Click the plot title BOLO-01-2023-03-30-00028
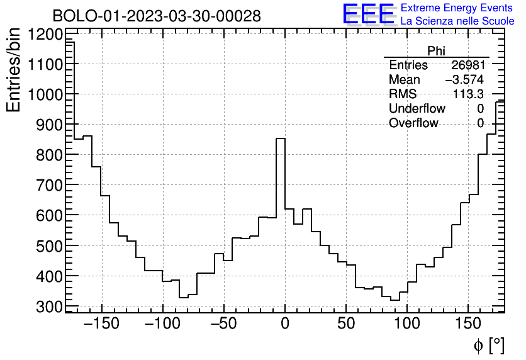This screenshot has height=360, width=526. click(157, 16)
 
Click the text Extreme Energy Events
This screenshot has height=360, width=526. click(457, 8)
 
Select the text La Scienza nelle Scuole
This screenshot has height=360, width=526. click(457, 21)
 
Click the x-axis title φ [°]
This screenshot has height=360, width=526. click(488, 346)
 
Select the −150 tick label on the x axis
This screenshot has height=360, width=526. click(101, 323)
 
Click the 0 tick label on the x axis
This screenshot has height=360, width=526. click(285, 323)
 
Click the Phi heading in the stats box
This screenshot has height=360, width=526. click(436, 51)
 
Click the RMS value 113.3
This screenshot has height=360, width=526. click(468, 94)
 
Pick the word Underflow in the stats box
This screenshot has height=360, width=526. click(417, 109)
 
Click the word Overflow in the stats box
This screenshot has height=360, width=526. click(413, 123)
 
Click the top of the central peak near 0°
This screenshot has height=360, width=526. click(281, 139)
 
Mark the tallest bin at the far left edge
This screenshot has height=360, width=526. click(70, 42)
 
